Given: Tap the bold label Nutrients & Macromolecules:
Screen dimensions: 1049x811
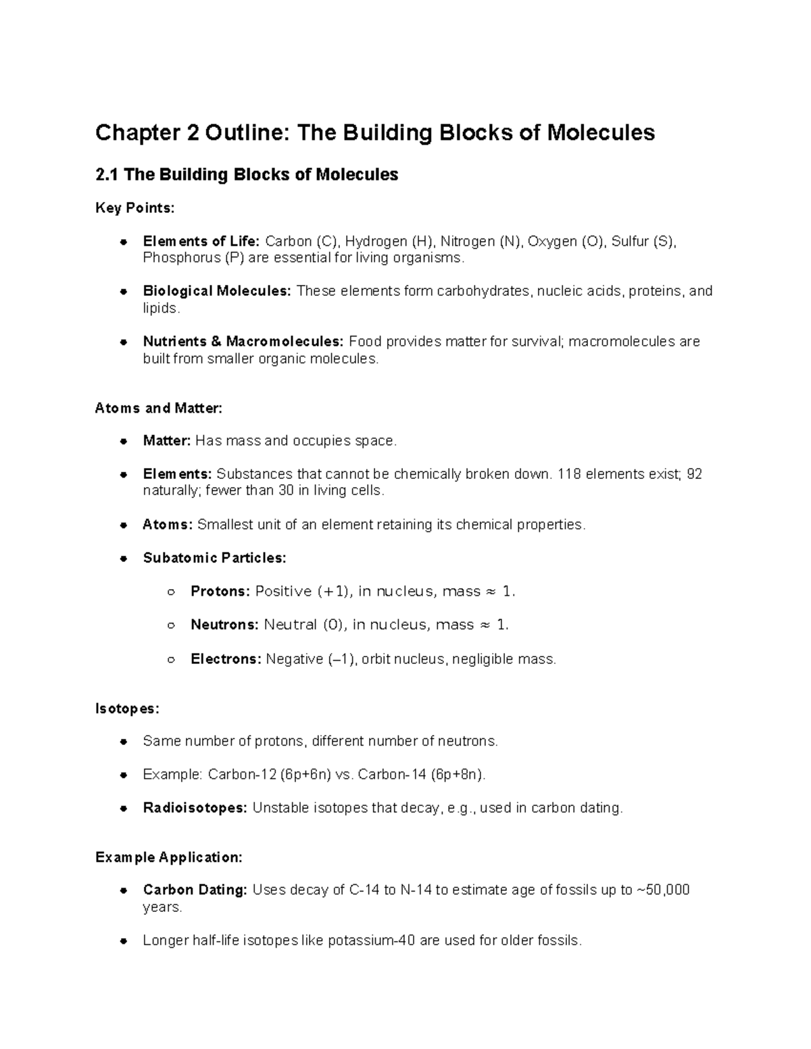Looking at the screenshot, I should [x=243, y=341].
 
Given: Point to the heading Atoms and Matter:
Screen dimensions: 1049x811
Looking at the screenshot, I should [x=158, y=408].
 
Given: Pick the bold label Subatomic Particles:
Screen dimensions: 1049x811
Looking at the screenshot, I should [x=214, y=558].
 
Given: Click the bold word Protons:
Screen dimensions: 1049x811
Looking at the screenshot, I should [x=220, y=592].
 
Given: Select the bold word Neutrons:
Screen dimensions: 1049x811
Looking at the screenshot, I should [x=224, y=625].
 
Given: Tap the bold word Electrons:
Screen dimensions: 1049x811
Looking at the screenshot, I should [x=226, y=659].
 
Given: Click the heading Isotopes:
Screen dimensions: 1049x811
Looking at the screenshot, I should [x=127, y=709].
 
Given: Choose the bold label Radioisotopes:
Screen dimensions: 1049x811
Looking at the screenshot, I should [x=195, y=808].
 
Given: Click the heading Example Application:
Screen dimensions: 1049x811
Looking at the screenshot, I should [x=168, y=858].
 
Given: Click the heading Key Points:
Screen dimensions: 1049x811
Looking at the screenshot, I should [x=134, y=208].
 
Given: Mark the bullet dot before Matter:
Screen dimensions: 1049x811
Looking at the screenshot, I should [x=123, y=442].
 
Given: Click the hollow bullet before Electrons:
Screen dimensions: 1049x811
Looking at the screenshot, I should [x=171, y=659].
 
